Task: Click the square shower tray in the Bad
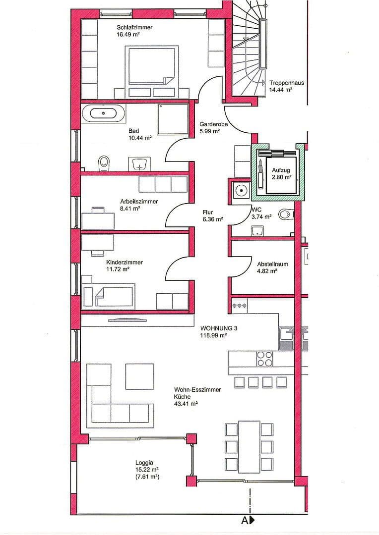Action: pos(172,119)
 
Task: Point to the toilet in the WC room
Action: pos(286,214)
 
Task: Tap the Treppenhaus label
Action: pos(286,83)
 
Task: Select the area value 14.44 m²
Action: pos(280,91)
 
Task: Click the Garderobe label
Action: pos(213,124)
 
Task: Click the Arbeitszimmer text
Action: pos(139,202)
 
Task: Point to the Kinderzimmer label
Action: pos(124,262)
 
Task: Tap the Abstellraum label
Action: pos(272,264)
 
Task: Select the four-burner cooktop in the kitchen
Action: pos(264,359)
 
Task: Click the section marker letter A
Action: pos(245,520)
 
